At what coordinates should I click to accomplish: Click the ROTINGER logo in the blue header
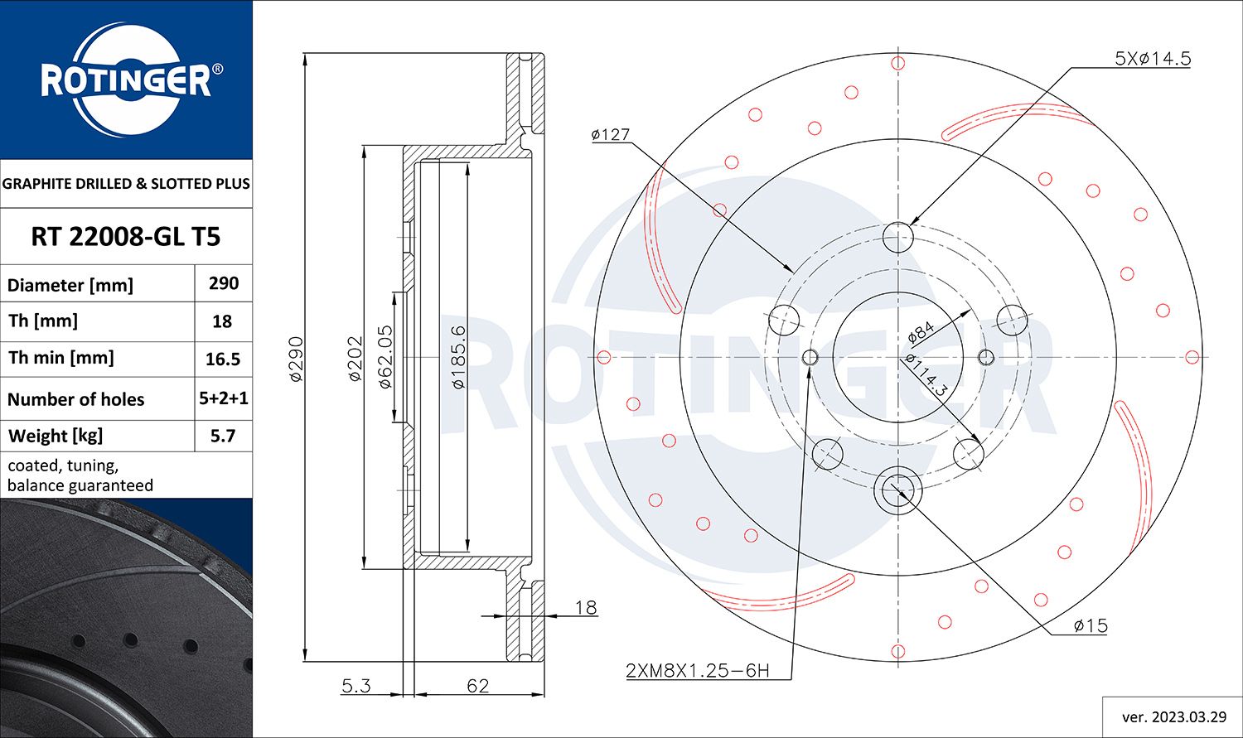126,80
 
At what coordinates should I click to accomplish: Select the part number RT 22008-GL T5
126,237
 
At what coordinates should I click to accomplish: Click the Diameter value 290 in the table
223,283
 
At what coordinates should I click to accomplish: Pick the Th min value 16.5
223,359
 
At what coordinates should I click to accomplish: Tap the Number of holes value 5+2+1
223,398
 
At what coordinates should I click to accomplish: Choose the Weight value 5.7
223,436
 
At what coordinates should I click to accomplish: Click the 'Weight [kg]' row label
56,436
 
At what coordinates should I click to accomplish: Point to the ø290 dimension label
296,358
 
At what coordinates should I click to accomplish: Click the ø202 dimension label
355,358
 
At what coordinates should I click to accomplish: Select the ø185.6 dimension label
457,358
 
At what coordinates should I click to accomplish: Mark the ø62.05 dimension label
385,358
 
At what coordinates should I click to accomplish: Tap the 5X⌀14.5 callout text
1152,58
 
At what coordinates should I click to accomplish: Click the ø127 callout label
611,134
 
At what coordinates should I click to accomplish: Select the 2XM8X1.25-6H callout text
697,670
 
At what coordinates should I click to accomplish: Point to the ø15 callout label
1090,626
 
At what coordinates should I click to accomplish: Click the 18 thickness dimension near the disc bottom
585,607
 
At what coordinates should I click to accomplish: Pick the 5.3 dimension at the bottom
355,686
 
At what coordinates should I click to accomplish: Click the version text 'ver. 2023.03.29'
1172,716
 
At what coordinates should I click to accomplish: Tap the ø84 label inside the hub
921,332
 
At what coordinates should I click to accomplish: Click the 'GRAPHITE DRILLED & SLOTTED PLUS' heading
126,184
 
